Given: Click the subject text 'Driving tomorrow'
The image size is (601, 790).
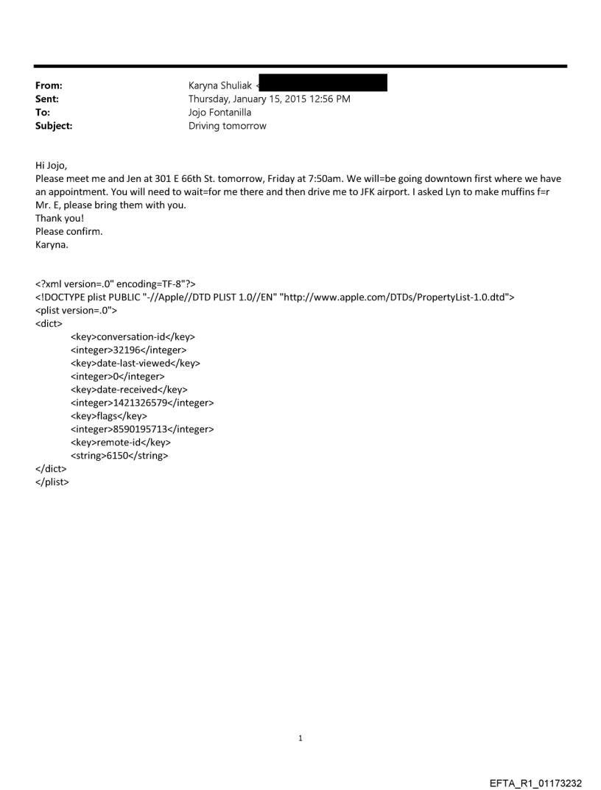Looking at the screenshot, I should [x=228, y=126].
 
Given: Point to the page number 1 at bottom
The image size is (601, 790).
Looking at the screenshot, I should [x=300, y=738].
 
